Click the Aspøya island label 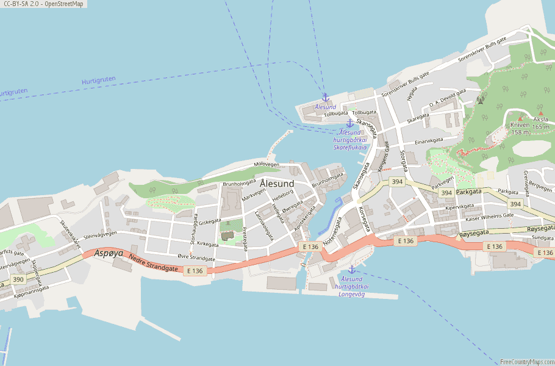click(109, 253)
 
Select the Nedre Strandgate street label click(153, 263)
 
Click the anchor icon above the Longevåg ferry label click(351, 270)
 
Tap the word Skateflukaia click(350, 147)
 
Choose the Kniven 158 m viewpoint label click(520, 128)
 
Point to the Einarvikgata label click(429, 141)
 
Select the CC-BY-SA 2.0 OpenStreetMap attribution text click(43, 4)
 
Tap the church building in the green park click(228, 235)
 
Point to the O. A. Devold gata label click(447, 98)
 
